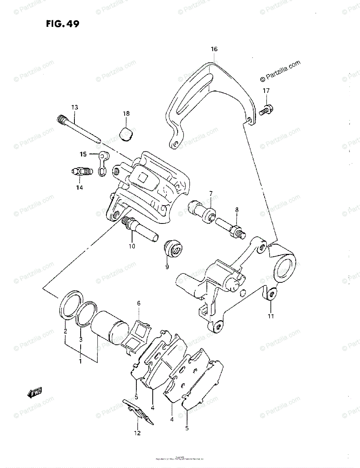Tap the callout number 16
pyautogui.click(x=214, y=49)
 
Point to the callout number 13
pyautogui.click(x=74, y=107)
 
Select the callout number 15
pyautogui.click(x=83, y=154)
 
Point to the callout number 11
pyautogui.click(x=271, y=316)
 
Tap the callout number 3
pyautogui.click(x=80, y=340)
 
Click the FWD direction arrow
pyautogui.click(x=35, y=393)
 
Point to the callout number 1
pyautogui.click(x=80, y=362)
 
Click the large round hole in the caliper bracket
pyautogui.click(x=285, y=269)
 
